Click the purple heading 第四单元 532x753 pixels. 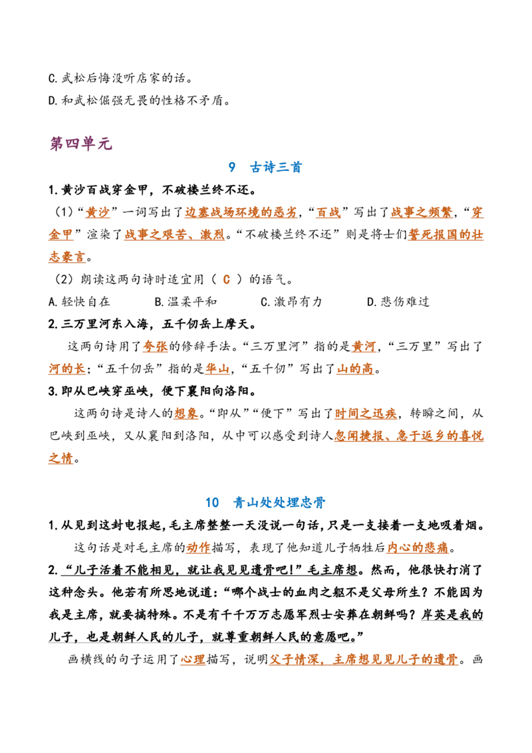pos(80,143)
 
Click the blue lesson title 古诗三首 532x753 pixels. pos(275,167)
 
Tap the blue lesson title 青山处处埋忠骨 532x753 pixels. pos(279,502)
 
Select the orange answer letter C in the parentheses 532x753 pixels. pos(227,279)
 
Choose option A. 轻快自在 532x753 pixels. pos(79,301)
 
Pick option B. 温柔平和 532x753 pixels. pos(186,301)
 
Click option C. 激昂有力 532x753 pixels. pos(291,301)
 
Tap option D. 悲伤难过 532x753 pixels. pos(398,301)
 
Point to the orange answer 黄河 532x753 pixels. pos(364,347)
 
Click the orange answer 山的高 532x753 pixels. pos(355,369)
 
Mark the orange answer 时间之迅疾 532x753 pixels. pos(366,414)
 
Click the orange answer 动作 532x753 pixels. pos(198,547)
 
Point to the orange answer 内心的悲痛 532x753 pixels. pos(418,547)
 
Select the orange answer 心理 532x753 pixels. pos(193,659)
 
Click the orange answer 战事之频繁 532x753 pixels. pos(422,212)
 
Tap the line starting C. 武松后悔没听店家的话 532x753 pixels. pos(120,78)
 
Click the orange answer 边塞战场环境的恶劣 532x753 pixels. pos(241,212)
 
